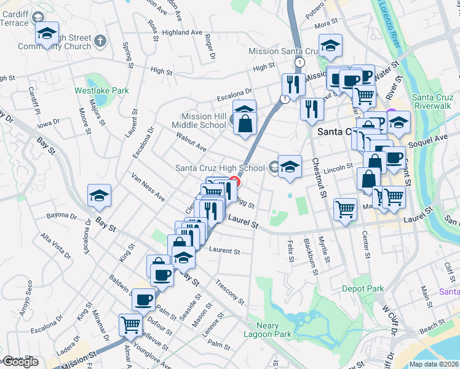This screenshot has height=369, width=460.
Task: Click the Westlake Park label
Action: (101, 90)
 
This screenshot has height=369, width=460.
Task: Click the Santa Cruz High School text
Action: (220, 168)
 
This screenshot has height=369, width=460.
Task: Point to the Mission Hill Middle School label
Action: (204, 121)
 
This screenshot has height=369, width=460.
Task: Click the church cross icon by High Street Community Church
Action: (101, 41)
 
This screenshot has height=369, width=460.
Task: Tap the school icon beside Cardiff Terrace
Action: (47, 34)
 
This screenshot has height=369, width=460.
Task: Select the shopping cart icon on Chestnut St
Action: (345, 208)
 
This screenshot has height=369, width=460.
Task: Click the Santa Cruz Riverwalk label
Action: (433, 103)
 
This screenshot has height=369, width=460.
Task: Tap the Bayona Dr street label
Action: (63, 216)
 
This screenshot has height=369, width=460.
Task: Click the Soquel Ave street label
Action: (433, 138)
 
